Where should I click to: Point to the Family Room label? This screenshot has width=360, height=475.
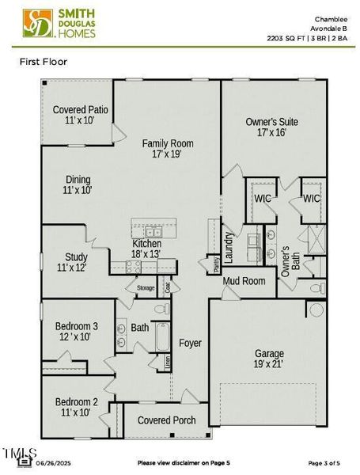pos(167,149)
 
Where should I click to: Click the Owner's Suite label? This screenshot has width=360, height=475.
pos(271,127)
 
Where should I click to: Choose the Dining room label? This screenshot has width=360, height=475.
pos(78,185)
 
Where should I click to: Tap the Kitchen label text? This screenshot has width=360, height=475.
pos(147,249)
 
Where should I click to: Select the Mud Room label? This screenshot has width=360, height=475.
pos(244,281)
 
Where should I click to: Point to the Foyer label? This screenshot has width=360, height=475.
pos(190,344)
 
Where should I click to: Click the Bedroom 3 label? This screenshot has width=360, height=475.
pos(77,331)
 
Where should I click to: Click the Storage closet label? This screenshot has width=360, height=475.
pos(146,288)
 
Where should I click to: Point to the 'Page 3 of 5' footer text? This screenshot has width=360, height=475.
pos(325,462)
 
